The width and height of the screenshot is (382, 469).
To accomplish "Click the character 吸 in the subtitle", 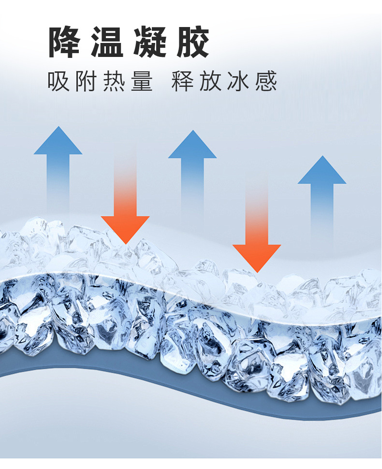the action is click(59, 81).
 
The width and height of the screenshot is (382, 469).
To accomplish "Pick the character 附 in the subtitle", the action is click(87, 81).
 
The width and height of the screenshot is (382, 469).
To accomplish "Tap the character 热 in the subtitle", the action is click(114, 81).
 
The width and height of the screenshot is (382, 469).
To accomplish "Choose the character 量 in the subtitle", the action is click(142, 81).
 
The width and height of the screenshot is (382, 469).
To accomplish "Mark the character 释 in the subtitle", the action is click(183, 81).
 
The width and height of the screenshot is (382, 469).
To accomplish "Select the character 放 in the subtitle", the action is click(210, 81).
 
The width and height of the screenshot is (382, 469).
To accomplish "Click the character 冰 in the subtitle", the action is click(238, 81).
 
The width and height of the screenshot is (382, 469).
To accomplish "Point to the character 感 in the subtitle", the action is click(266, 81).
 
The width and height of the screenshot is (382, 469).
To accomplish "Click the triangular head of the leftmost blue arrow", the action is click(58, 143).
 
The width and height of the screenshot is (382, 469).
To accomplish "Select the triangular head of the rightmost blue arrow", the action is click(322, 172).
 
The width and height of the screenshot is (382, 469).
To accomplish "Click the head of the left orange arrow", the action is click(125, 228).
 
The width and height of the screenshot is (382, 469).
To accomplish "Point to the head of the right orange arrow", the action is click(257, 256).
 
